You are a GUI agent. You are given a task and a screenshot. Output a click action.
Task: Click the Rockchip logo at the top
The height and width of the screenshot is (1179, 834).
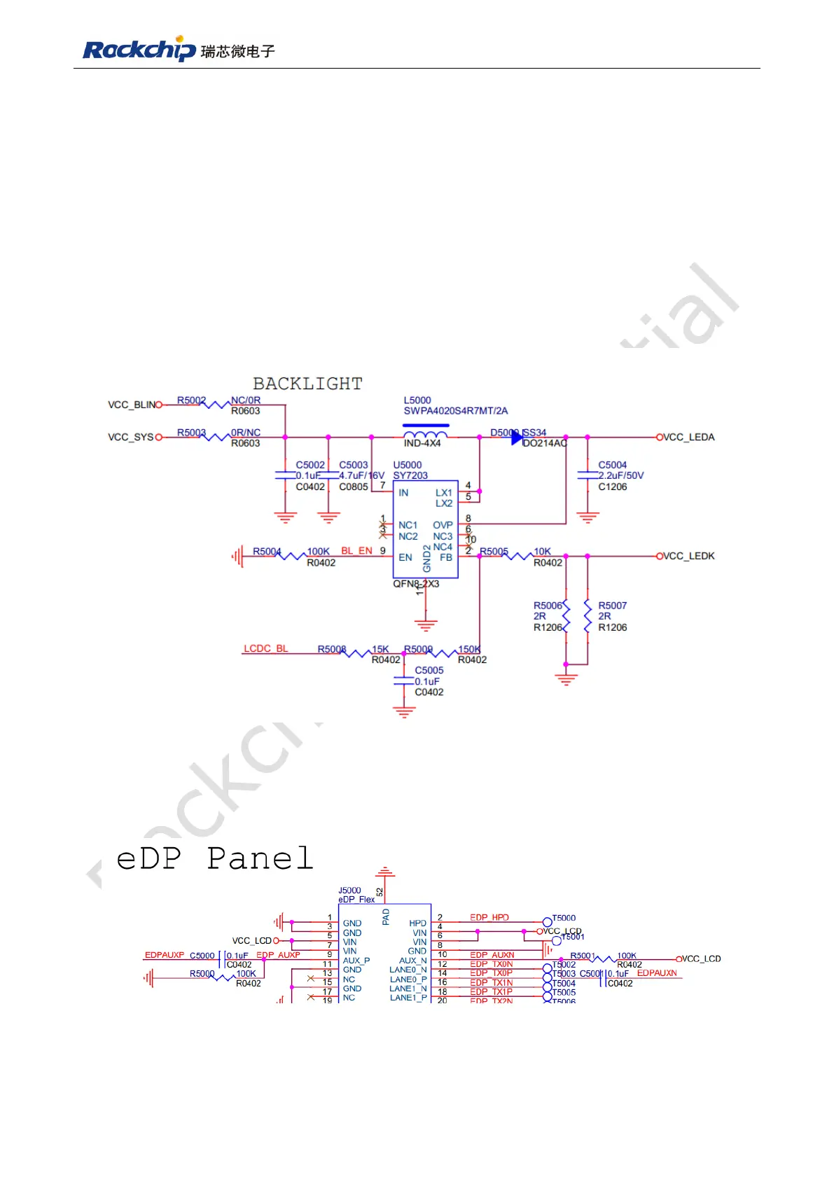pos(179,49)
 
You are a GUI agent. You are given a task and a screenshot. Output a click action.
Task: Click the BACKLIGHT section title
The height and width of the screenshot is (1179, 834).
pos(307,384)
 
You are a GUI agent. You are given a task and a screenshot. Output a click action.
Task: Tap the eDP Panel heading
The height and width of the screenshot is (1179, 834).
pos(214,858)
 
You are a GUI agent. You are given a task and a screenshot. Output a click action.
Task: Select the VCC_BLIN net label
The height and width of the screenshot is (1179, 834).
pos(131,405)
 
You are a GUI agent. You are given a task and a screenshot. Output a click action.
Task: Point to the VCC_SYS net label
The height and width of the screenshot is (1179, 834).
pos(130,437)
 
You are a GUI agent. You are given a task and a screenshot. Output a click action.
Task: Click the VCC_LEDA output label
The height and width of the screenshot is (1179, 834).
pos(689,437)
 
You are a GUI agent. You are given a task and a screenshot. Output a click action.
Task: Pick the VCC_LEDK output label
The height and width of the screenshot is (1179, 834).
pos(689,556)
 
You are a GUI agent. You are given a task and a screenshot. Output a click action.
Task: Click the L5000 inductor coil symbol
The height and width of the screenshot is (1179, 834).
pos(425,434)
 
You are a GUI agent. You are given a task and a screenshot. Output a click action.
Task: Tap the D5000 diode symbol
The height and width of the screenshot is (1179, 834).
pos(517,438)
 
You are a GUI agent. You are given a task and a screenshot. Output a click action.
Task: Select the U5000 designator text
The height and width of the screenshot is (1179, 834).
pos(407,465)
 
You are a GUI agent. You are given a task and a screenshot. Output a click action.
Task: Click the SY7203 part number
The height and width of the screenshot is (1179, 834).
pos(410,475)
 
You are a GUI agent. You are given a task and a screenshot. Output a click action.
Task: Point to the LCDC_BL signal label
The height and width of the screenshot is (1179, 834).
pos(265,649)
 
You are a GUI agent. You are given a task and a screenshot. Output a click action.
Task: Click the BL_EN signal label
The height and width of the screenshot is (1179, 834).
pos(356,551)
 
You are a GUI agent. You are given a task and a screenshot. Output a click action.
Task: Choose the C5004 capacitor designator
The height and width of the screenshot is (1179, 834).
pos(612,465)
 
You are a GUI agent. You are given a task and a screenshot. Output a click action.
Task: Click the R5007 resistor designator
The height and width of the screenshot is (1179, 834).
pos(612,606)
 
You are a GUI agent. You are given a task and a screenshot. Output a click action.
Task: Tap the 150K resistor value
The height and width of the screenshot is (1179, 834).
pos(469,649)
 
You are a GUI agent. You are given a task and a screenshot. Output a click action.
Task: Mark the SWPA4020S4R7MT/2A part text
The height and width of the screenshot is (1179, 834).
pos(455,411)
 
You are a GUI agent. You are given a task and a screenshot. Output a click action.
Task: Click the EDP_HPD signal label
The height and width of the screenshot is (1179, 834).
pos(489,917)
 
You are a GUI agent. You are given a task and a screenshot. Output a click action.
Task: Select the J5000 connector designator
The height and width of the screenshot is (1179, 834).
pos(349,891)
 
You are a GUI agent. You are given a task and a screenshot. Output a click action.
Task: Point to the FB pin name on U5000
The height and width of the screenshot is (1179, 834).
pos(445,557)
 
